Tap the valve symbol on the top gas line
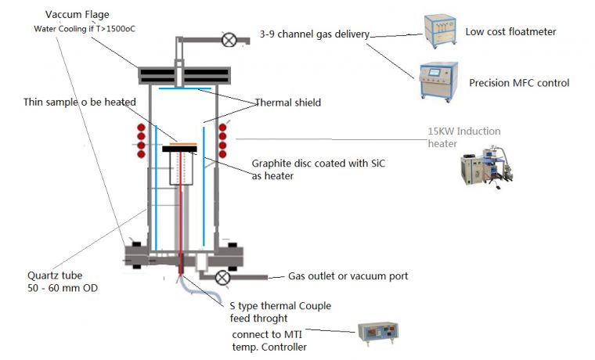tap(229, 40)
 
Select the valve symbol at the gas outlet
tap(222, 277)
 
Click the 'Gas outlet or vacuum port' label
tap(348, 276)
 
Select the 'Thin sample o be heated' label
tap(80, 102)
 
